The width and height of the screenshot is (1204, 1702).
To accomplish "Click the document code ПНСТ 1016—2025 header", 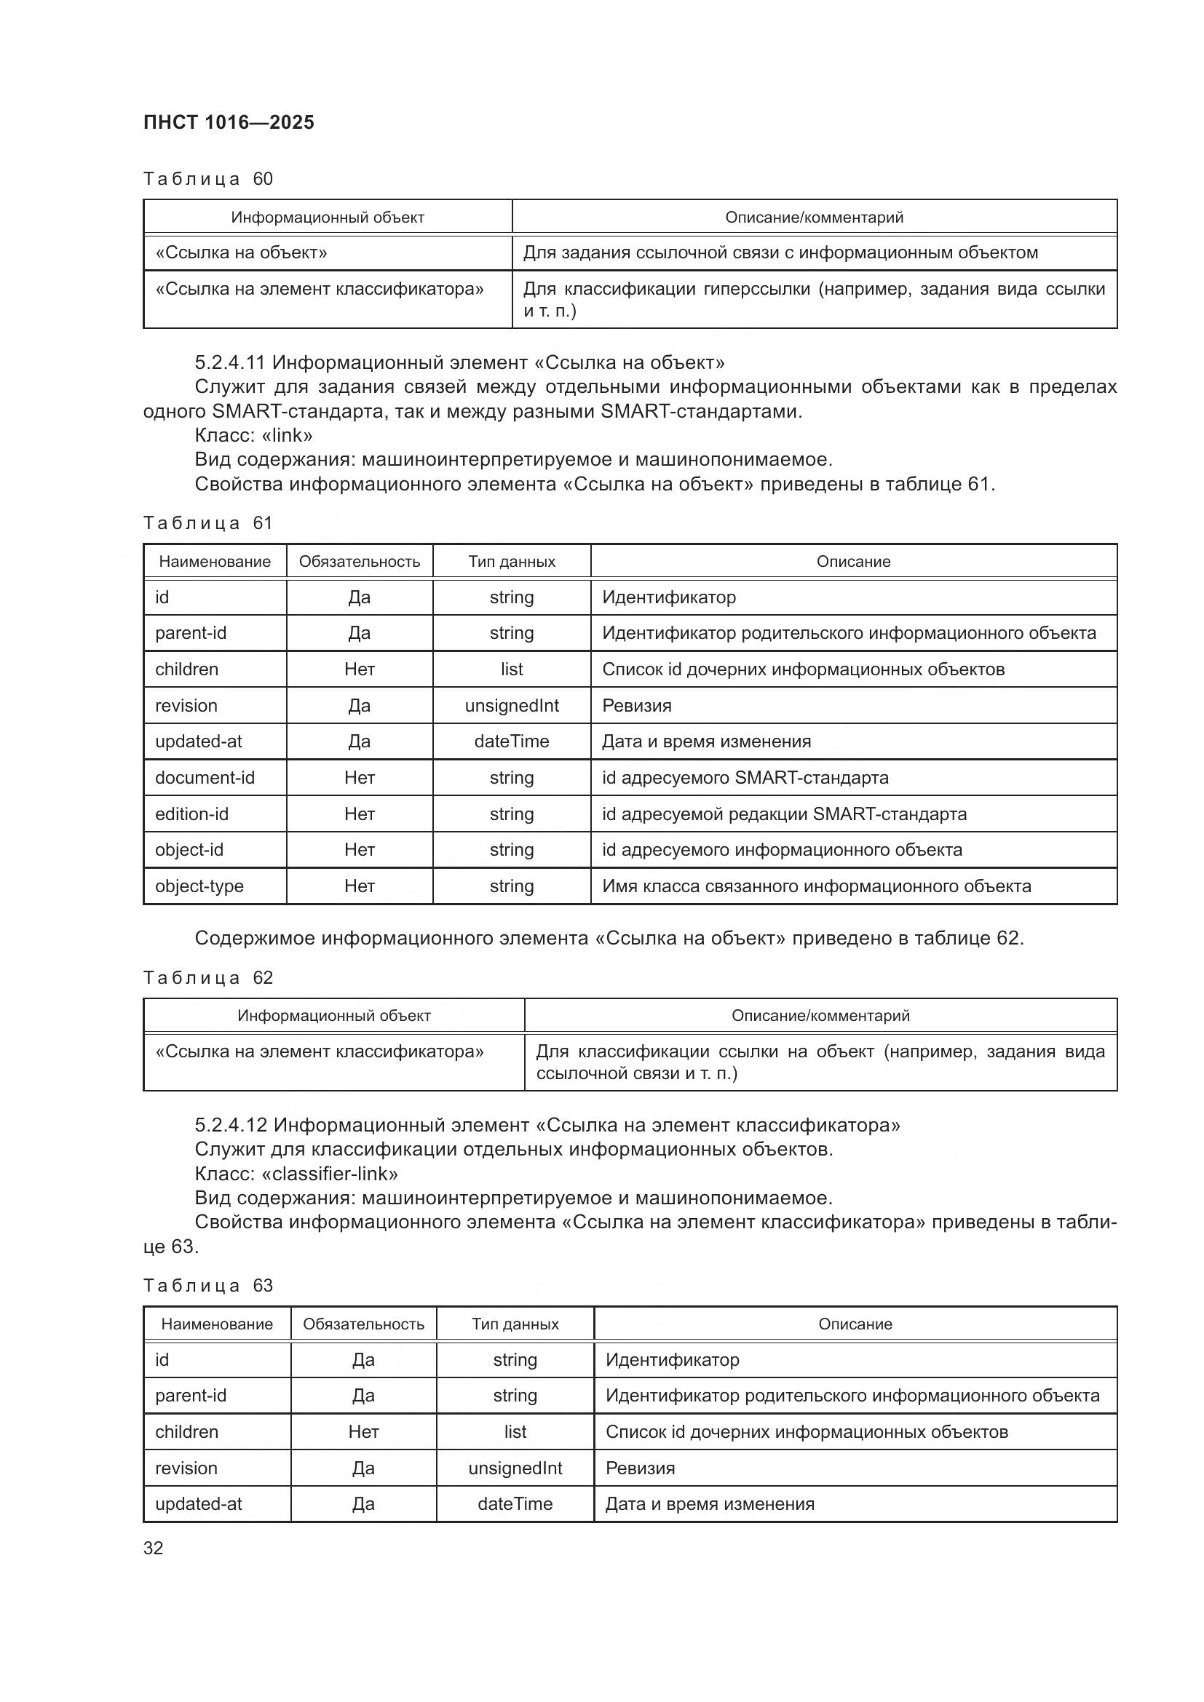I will click(229, 122).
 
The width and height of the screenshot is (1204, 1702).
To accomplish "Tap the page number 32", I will click(154, 1548).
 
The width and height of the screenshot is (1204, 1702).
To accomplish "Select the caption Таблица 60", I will click(207, 179).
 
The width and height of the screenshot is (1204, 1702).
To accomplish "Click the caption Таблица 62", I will click(207, 978).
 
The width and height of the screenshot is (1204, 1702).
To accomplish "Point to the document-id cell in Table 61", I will click(205, 778).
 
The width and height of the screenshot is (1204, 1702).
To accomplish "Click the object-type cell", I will click(199, 886).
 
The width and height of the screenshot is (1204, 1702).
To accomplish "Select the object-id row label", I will click(189, 849).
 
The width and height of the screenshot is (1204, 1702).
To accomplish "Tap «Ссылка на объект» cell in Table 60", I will click(241, 252).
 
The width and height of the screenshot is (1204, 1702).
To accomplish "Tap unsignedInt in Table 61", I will click(512, 706).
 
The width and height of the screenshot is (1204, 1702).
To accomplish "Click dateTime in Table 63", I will click(515, 1503).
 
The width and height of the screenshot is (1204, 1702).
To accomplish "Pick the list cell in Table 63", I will click(515, 1431).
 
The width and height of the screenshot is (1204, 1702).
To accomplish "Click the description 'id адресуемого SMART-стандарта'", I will click(745, 778).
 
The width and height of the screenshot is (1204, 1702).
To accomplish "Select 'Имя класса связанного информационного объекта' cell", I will click(816, 886).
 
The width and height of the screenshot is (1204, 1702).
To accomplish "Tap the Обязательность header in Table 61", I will click(360, 561).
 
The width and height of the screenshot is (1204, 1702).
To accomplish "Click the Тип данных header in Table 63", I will click(515, 1324).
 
